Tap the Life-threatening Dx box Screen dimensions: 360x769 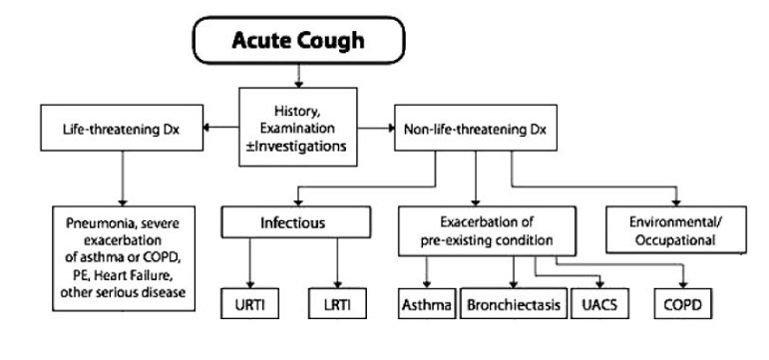(119, 129)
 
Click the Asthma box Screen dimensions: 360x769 (427, 301)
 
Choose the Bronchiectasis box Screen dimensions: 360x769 (512, 301)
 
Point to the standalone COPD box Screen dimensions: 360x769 (683, 301)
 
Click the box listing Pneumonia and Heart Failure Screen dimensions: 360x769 (122, 256)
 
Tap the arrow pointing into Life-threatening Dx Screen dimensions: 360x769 (215, 128)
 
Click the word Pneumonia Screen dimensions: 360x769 (99, 216)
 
